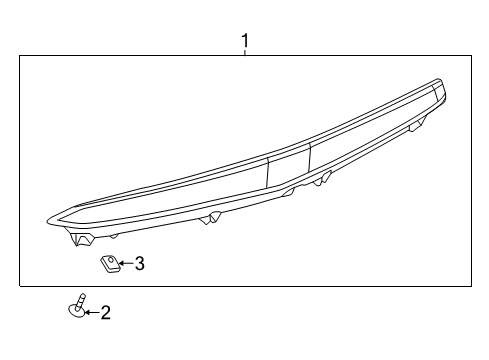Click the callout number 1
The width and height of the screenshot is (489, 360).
244,41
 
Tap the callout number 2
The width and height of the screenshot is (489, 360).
105,313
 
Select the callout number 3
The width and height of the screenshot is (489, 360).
140,264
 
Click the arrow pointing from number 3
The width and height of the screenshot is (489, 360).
124,264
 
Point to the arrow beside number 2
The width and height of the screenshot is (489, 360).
90,313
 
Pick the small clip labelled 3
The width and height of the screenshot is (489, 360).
108,263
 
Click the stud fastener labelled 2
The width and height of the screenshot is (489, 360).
78,306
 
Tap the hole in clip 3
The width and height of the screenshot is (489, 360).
106,262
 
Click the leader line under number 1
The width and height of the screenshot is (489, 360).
244,53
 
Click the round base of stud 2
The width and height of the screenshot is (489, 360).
76,311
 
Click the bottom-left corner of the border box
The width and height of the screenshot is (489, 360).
20,286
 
